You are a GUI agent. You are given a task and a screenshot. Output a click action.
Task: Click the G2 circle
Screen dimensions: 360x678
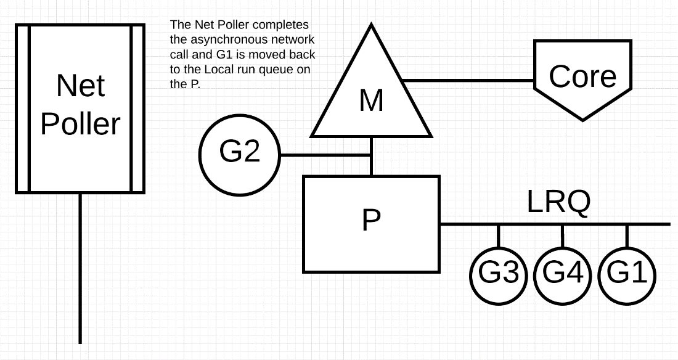point(240,154)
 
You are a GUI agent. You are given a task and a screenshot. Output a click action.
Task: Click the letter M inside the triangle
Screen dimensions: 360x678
point(371,100)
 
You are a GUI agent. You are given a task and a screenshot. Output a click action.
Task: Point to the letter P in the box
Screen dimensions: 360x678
point(371,219)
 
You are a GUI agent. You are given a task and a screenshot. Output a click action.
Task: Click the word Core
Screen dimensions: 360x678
point(582,76)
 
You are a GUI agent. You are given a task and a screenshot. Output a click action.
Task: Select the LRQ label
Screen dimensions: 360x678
point(559,202)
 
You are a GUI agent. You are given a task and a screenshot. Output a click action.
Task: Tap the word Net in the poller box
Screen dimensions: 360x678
point(80,86)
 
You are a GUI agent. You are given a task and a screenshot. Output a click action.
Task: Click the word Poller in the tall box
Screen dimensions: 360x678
point(80,124)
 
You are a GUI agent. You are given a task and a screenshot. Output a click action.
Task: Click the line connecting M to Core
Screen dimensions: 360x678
point(468,80)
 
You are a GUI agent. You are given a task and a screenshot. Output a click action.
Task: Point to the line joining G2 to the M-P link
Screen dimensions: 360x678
point(325,155)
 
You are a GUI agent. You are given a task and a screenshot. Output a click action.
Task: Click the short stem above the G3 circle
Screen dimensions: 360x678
point(498,235)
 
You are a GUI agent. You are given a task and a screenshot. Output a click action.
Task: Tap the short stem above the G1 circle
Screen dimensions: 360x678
point(627,235)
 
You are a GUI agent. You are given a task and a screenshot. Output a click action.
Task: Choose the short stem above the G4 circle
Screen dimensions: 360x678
point(562,235)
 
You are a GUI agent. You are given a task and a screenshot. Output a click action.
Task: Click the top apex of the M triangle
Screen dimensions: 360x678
point(371,27)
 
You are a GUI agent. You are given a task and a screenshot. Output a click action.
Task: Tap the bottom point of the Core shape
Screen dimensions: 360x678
point(582,118)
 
